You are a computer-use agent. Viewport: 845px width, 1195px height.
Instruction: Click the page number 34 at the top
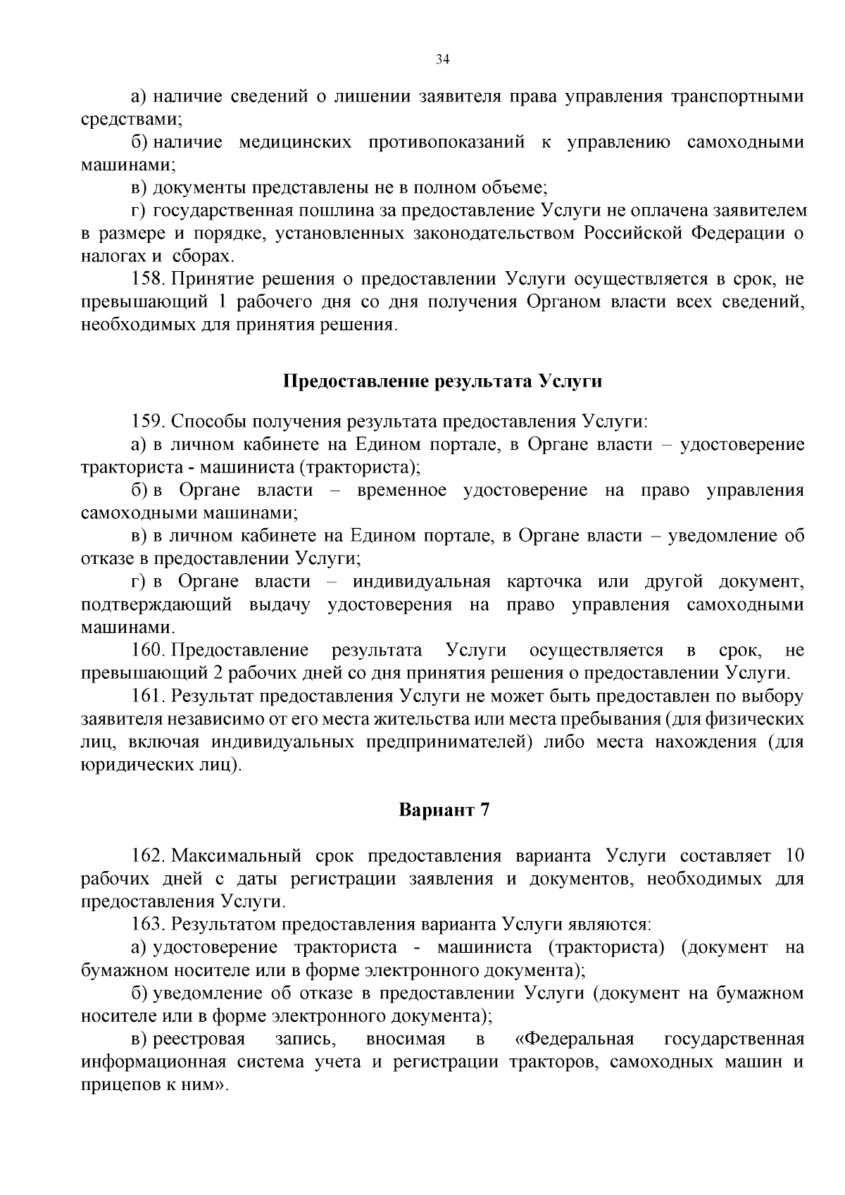pos(442,60)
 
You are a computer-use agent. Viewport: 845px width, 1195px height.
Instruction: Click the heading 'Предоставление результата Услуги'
pos(442,382)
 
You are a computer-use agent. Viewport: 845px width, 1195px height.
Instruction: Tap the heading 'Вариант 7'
pos(444,810)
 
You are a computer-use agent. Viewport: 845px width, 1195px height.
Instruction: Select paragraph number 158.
pos(147,280)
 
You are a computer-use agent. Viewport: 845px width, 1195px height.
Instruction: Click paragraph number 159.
pos(147,422)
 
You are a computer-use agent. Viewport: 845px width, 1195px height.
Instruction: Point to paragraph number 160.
pos(147,650)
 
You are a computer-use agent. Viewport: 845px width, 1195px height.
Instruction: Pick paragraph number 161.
pos(147,696)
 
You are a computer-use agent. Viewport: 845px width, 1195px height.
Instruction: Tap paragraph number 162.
pos(147,856)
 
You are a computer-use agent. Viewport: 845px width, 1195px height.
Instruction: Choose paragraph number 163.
pos(147,925)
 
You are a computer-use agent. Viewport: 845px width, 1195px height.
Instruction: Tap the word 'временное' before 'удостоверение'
pos(401,490)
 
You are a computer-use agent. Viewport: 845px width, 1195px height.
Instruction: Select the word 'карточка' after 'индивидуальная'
pos(544,582)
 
